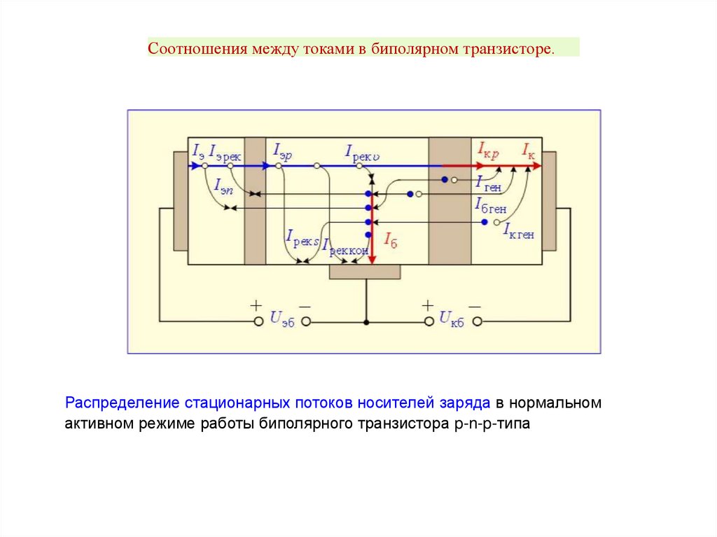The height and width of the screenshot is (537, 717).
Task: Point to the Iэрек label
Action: pyautogui.click(x=225, y=155)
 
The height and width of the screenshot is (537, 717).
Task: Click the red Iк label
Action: pyautogui.click(x=528, y=149)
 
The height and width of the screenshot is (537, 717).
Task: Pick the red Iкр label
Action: pyautogui.click(x=488, y=149)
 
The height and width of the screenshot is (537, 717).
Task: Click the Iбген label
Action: pyautogui.click(x=490, y=206)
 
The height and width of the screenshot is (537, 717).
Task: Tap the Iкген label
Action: pyautogui.click(x=519, y=233)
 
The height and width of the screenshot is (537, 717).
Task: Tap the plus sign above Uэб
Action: pyautogui.click(x=256, y=305)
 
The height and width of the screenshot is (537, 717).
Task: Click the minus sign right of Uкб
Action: pyautogui.click(x=475, y=306)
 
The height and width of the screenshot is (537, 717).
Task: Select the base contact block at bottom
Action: pyautogui.click(x=365, y=272)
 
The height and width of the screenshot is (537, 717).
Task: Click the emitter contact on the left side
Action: pyautogui.click(x=181, y=200)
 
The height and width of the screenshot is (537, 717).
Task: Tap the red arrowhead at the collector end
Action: pyautogui.click(x=536, y=166)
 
